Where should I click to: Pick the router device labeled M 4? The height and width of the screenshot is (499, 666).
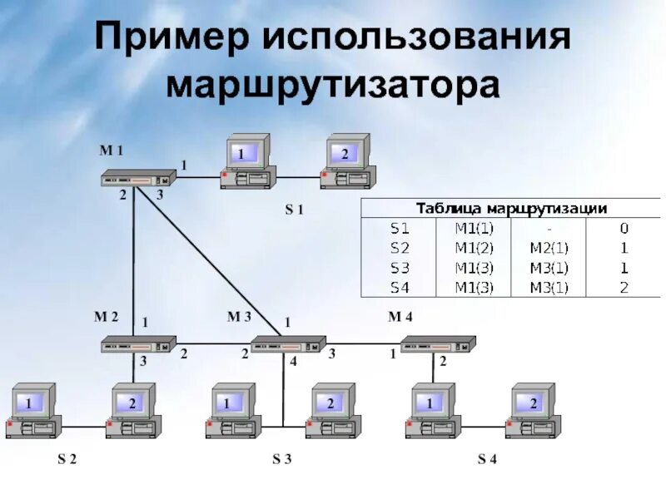[x=438, y=343]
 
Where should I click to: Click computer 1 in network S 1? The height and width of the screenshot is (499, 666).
[x=246, y=162]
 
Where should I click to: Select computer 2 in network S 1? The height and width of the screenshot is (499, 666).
[x=347, y=162]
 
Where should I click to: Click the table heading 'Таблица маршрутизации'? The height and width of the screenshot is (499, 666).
[x=511, y=208]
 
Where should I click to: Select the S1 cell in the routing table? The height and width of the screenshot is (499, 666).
[x=400, y=227]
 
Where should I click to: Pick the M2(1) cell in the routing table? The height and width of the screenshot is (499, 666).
[x=549, y=248]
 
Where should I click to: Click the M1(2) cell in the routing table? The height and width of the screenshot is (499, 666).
[x=474, y=248]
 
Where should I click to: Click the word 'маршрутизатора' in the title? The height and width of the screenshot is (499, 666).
[x=333, y=86]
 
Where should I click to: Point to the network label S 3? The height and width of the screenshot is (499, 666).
[x=282, y=459]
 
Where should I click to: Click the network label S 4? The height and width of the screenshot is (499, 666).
[x=487, y=459]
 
